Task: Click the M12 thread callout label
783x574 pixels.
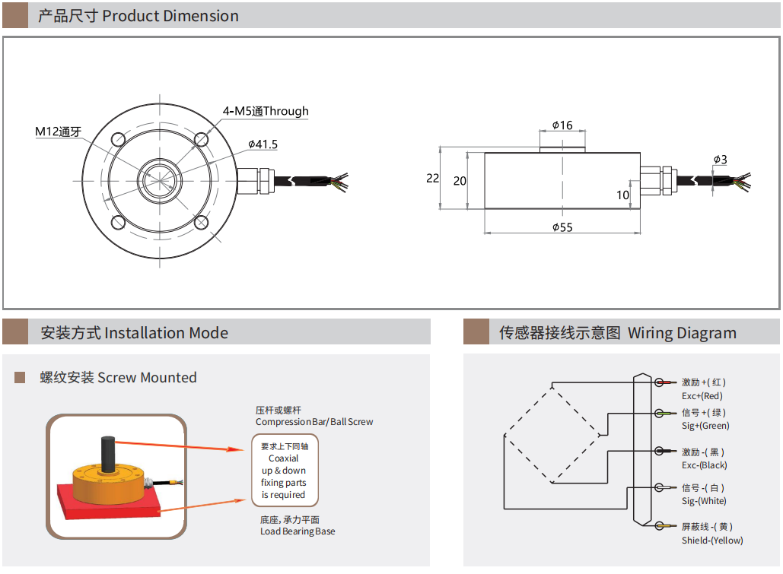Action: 58,132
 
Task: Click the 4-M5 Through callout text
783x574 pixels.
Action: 266,111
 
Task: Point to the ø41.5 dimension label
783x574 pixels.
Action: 263,144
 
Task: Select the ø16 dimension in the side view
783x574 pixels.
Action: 562,125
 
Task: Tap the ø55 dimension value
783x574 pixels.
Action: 562,227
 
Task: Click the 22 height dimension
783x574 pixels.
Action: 432,178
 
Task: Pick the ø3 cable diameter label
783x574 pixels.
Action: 720,160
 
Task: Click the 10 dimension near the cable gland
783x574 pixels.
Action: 622,195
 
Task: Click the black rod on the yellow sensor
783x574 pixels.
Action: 107,452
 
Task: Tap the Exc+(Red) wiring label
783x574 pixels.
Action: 702,396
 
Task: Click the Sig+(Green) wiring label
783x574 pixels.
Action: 705,426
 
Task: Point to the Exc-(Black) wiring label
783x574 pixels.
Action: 704,465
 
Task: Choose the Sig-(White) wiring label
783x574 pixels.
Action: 704,501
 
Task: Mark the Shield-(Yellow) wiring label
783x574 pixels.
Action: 712,541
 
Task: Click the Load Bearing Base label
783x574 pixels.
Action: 298,531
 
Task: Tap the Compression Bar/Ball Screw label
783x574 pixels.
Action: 314,422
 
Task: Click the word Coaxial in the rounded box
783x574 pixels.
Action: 284,458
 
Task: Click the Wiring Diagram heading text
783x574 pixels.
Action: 682,333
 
